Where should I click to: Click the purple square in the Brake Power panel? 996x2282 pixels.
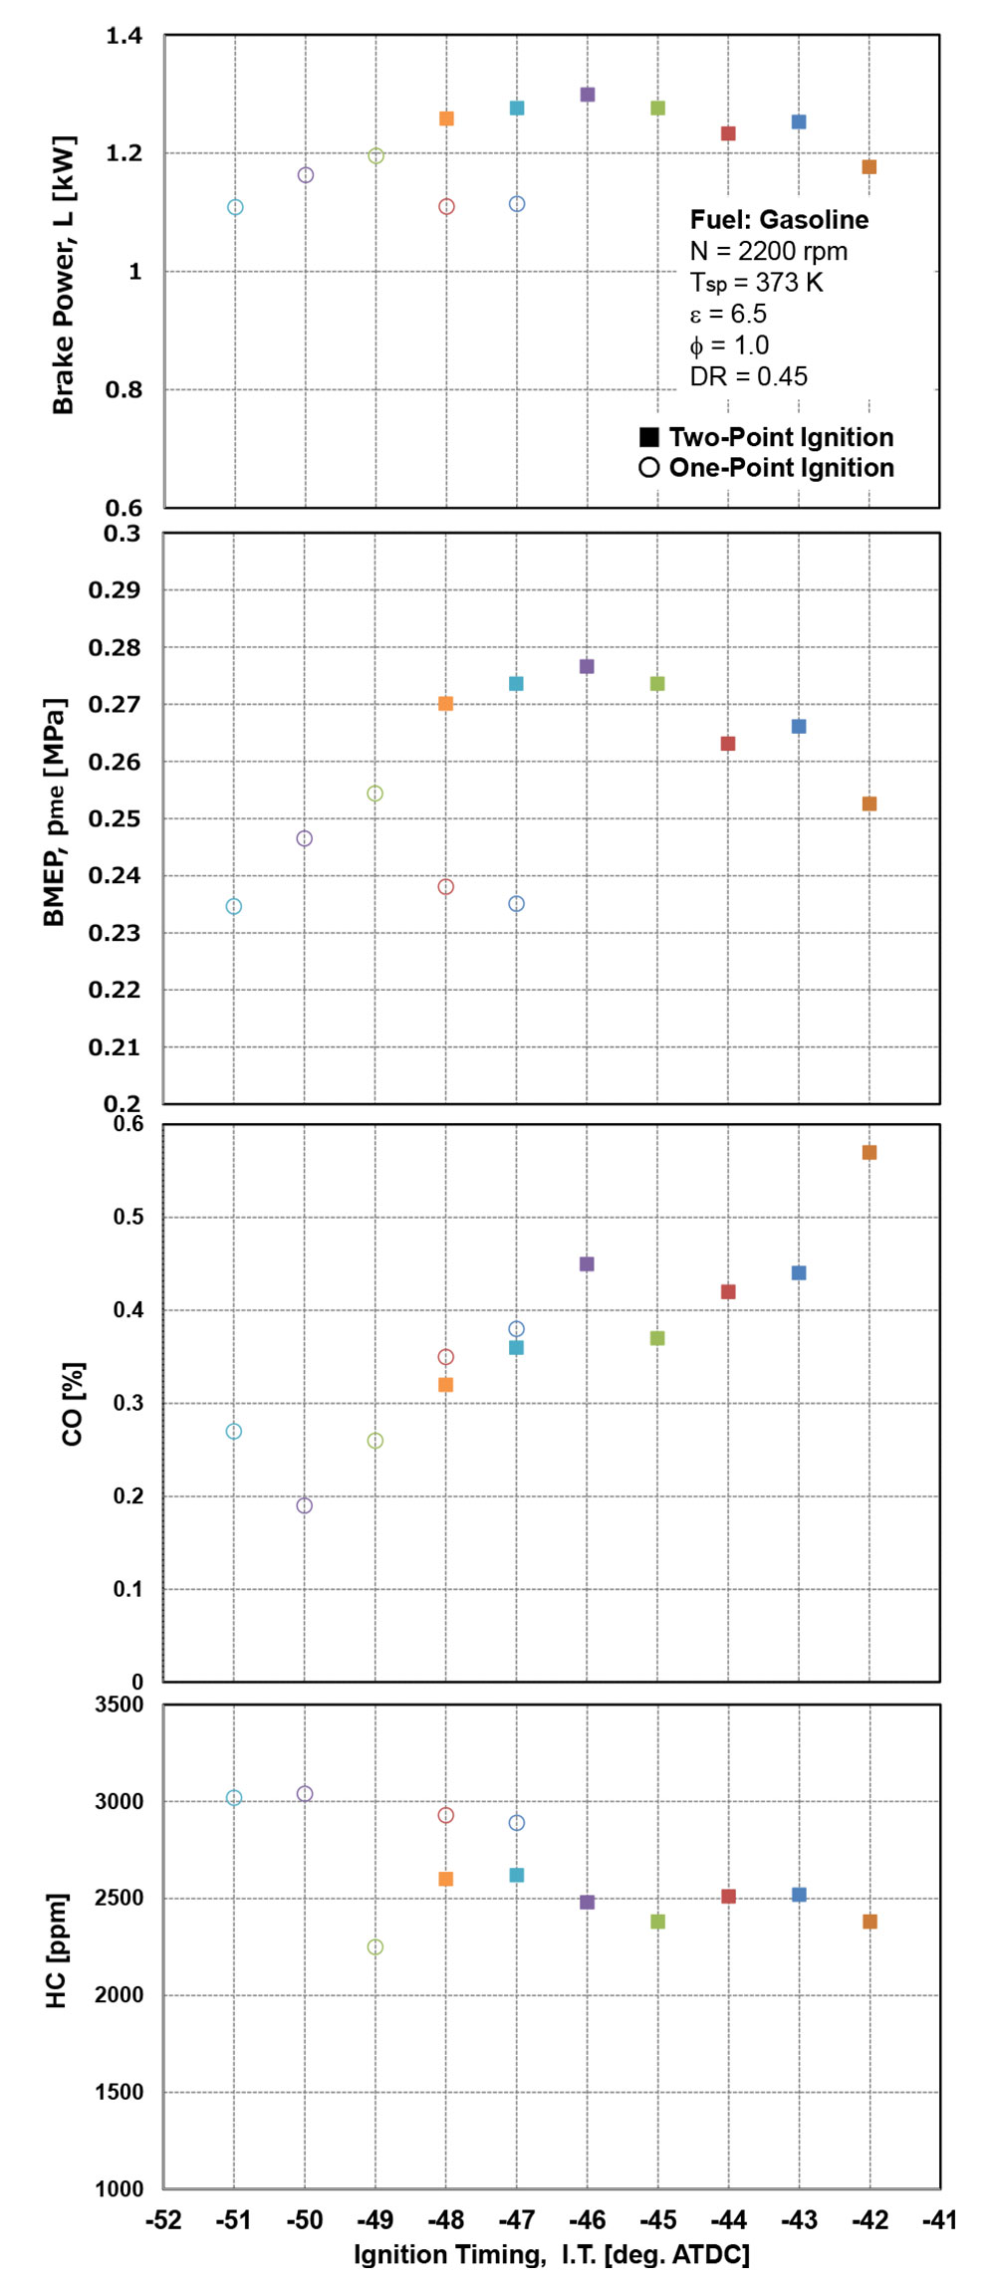[x=588, y=95]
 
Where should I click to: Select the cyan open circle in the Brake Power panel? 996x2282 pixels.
[x=235, y=207]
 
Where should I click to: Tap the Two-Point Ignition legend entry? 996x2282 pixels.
[x=767, y=437]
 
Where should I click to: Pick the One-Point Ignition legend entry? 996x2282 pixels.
[x=767, y=468]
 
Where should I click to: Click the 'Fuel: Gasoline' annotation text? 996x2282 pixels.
[x=779, y=220]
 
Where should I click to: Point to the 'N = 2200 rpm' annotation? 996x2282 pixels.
[x=768, y=251]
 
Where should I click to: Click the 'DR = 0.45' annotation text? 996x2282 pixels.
[x=748, y=376]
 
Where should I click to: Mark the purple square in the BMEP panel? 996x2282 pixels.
[x=587, y=666]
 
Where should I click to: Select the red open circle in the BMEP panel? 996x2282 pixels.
[x=445, y=886]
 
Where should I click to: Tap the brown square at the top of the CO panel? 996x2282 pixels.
[x=870, y=1152]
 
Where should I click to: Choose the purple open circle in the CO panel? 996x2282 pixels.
[x=305, y=1505]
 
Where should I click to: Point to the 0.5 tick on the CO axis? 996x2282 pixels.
[x=127, y=1217]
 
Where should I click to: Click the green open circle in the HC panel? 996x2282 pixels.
[x=375, y=1946]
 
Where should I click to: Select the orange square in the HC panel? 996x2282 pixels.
[x=445, y=1879]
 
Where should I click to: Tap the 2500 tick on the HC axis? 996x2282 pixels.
[x=119, y=1898]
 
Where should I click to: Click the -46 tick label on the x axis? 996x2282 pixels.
[x=587, y=2219]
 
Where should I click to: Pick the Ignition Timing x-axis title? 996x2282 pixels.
[x=551, y=2254]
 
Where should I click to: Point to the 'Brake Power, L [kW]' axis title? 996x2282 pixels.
[x=63, y=276]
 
